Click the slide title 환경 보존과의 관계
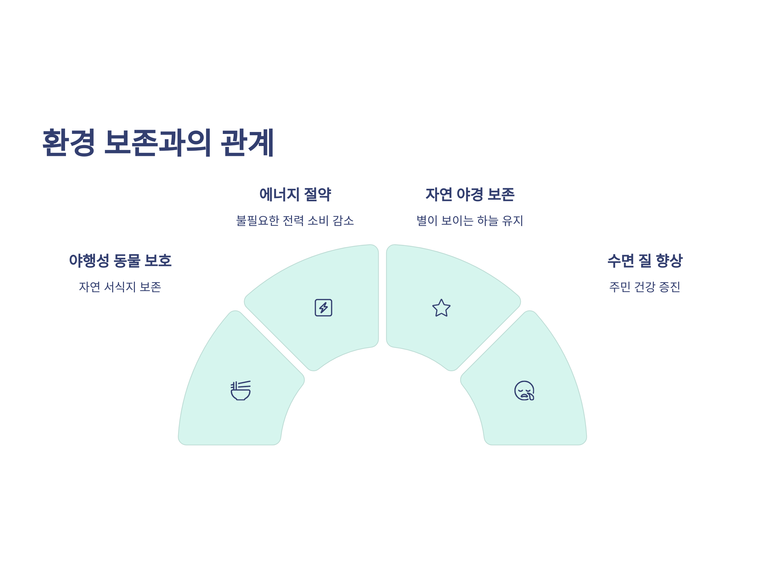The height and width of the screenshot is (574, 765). pos(158,143)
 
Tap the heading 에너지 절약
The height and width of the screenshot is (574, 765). pos(295,195)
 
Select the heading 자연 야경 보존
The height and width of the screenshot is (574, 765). pos(470,195)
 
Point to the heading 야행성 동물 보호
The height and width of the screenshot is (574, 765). pos(120,261)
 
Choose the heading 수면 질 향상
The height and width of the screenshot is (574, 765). pos(645,261)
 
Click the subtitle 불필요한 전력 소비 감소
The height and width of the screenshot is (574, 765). pos(295,221)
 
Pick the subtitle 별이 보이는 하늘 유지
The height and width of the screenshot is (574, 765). pos(470,221)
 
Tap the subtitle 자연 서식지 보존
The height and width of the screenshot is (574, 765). pos(120,287)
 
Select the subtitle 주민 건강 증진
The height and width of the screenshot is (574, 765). pos(645,287)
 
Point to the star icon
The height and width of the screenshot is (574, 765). pos(441,308)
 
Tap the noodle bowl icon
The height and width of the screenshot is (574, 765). pos(241,391)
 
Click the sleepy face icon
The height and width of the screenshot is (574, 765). pos(524,391)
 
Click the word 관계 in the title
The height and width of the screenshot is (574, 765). pos(247,143)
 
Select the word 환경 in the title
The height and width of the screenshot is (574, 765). pos(69,143)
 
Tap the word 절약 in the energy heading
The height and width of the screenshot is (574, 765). pos(317,195)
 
